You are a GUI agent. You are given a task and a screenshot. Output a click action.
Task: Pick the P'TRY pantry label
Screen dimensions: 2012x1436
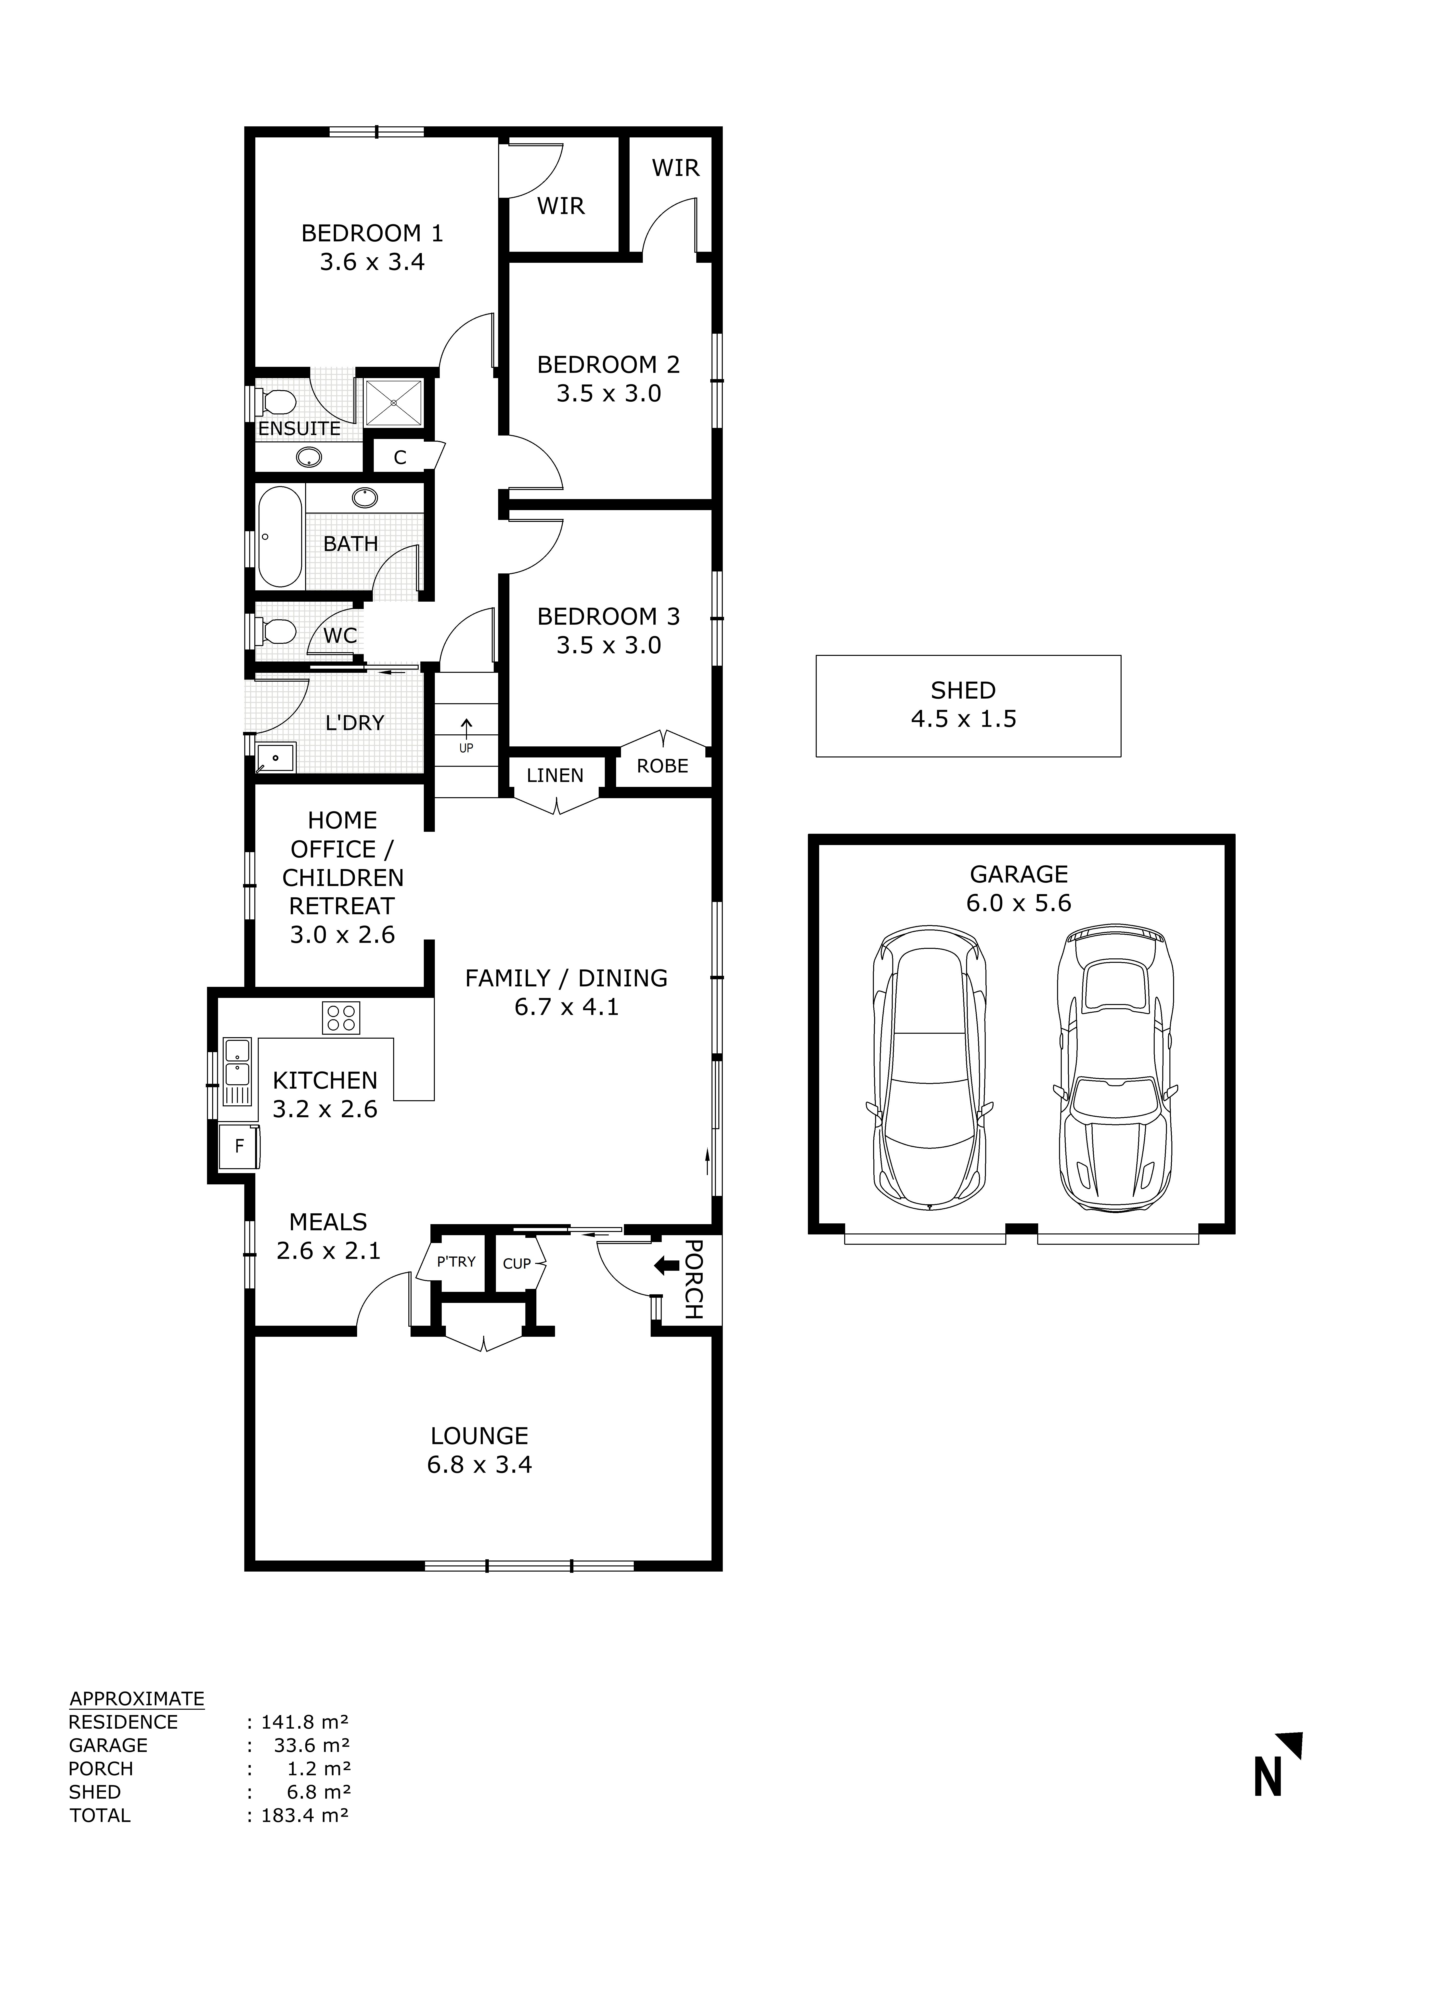pyautogui.click(x=456, y=1262)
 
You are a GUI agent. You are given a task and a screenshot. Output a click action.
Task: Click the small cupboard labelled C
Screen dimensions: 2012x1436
pyautogui.click(x=400, y=457)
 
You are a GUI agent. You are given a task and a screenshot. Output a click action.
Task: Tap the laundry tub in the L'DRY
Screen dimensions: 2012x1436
pyautogui.click(x=276, y=758)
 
